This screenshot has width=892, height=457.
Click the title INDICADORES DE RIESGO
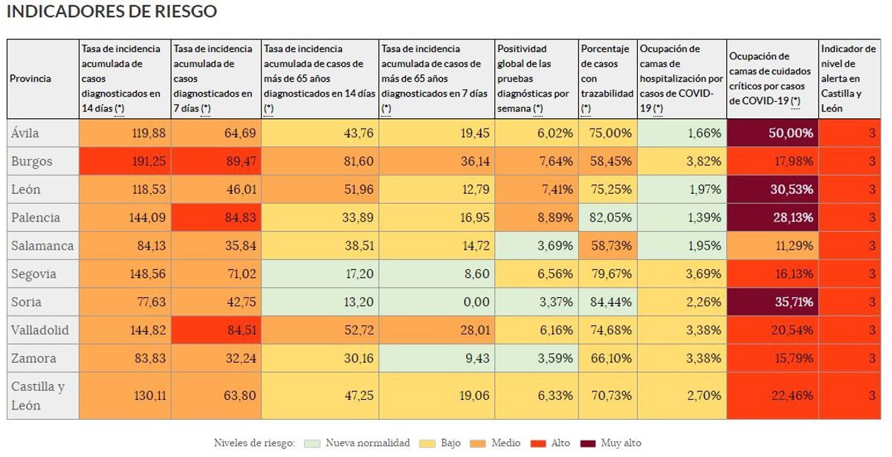click(x=111, y=12)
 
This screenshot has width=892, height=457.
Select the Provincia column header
click(x=30, y=79)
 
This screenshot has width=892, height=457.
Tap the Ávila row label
click(x=25, y=133)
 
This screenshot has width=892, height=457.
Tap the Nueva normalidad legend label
click(x=367, y=443)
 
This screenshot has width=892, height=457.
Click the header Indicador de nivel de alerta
click(x=847, y=79)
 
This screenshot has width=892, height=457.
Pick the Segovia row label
click(x=33, y=273)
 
